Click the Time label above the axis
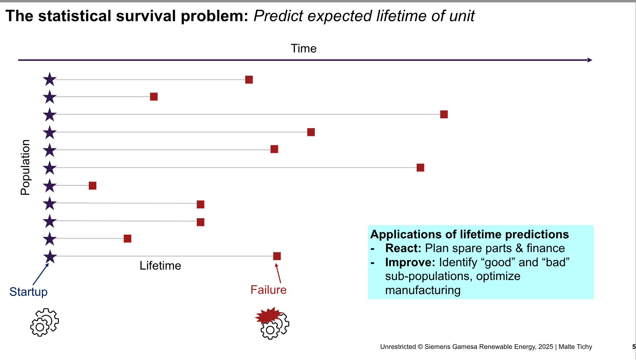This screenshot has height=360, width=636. pyautogui.click(x=303, y=48)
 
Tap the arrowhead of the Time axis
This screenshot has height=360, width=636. pyautogui.click(x=590, y=60)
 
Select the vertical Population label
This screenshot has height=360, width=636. pyautogui.click(x=25, y=167)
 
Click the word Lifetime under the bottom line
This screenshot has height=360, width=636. pyautogui.click(x=160, y=266)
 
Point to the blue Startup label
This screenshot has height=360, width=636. pyautogui.click(x=29, y=292)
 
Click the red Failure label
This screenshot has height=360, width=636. pyautogui.click(x=268, y=290)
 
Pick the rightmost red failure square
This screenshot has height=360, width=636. pyautogui.click(x=444, y=114)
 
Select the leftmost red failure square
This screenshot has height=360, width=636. pyautogui.click(x=92, y=186)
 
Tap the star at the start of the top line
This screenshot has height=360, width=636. pyautogui.click(x=50, y=79)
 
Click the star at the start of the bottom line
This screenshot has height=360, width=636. pyautogui.click(x=50, y=256)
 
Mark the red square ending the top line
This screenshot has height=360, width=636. pyautogui.click(x=249, y=80)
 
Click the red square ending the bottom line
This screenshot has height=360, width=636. pyautogui.click(x=277, y=256)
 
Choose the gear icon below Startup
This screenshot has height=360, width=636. pyautogui.click(x=44, y=322)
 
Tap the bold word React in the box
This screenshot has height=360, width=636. pyautogui.click(x=403, y=248)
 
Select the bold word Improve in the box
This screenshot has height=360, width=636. pyautogui.click(x=410, y=262)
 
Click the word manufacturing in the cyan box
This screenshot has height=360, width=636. pyautogui.click(x=423, y=290)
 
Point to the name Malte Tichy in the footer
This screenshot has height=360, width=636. pyautogui.click(x=575, y=347)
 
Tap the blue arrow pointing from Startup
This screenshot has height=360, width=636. pyautogui.click(x=41, y=274)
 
